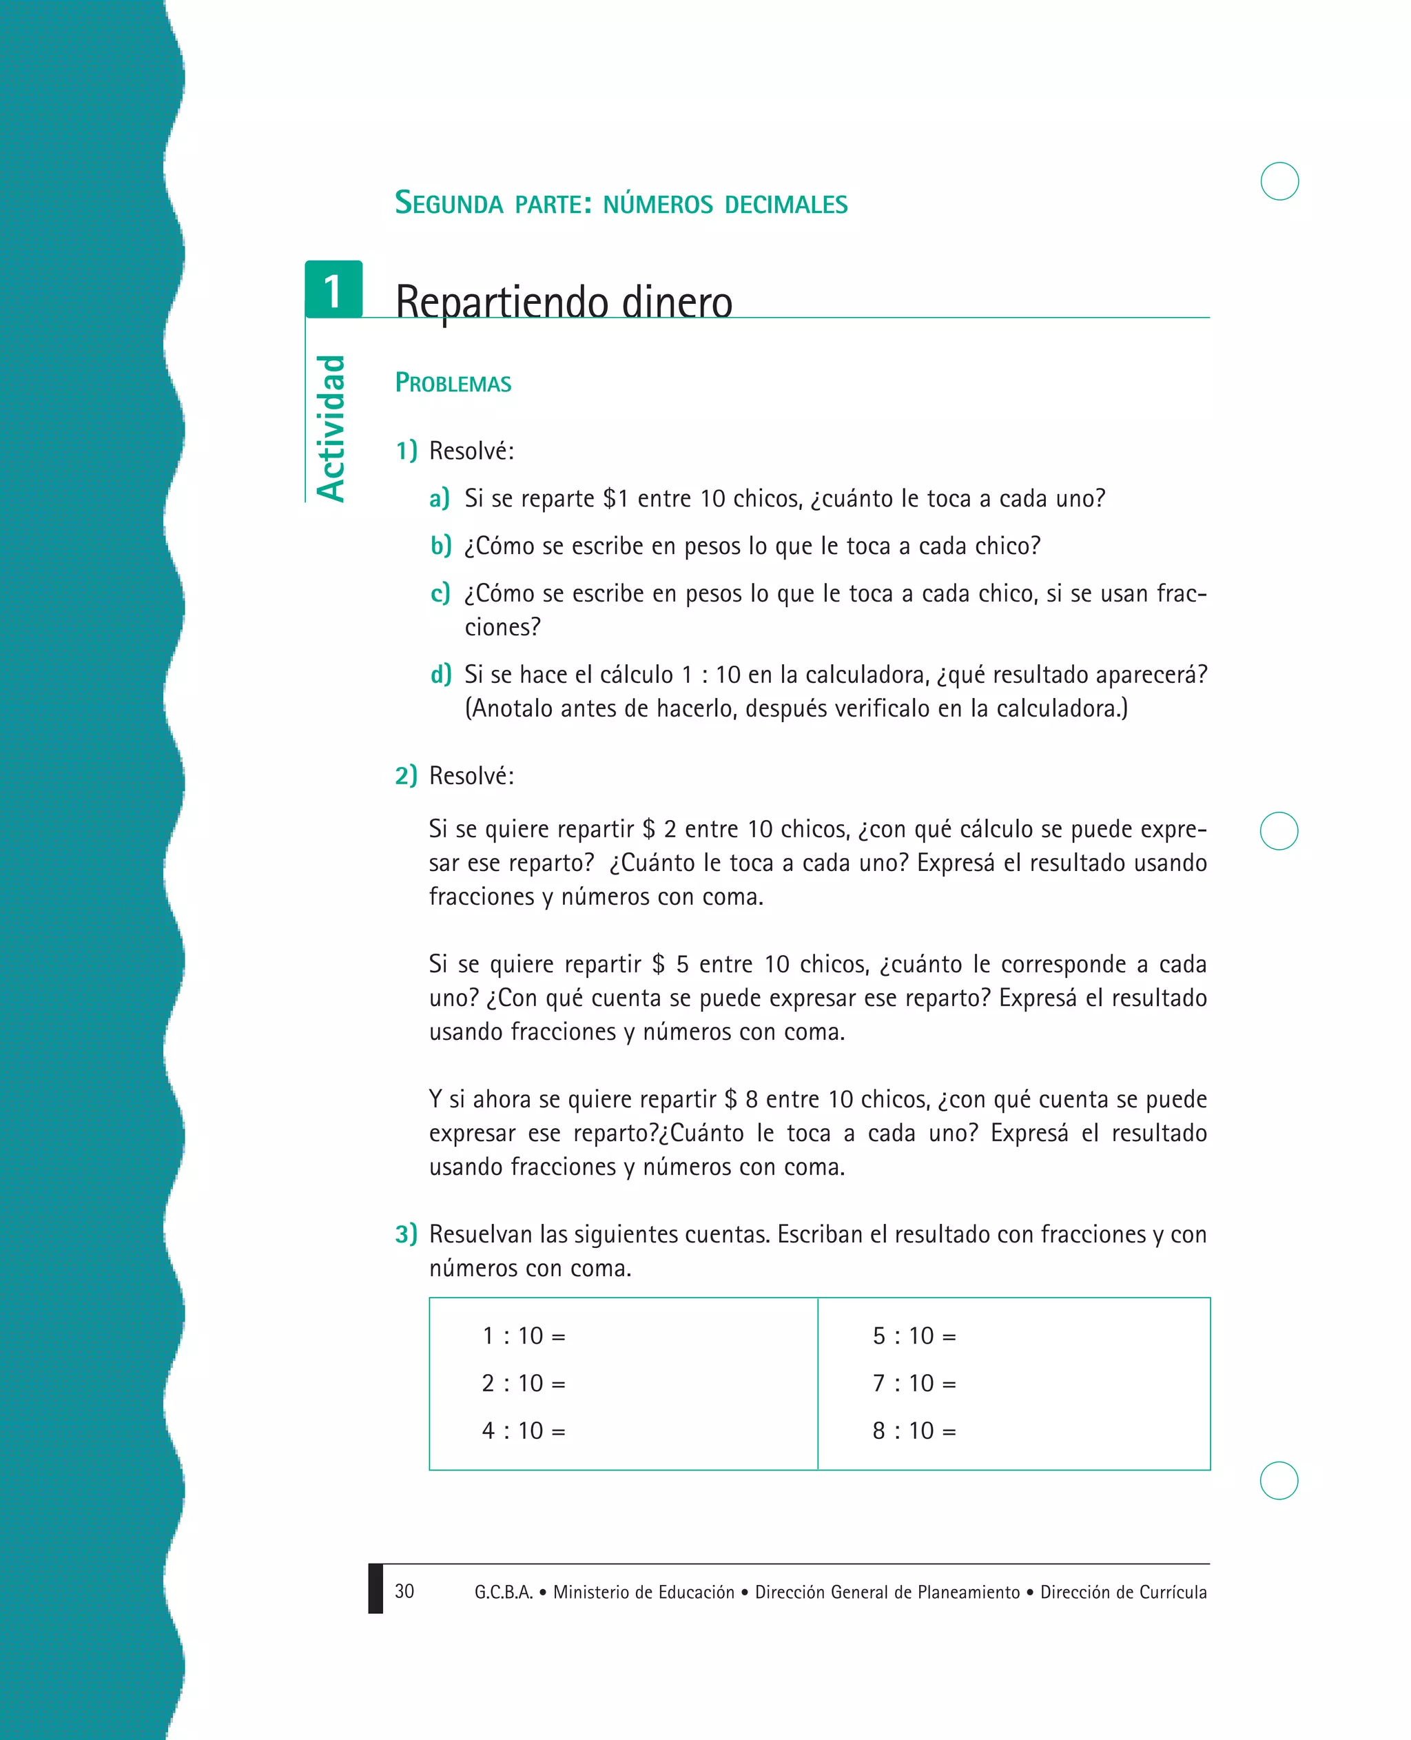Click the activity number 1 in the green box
[333, 291]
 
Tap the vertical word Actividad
[331, 429]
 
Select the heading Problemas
[453, 383]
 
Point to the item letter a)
[439, 498]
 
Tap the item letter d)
[440, 674]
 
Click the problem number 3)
[406, 1234]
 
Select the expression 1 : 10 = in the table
[524, 1336]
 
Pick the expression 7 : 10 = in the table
[914, 1383]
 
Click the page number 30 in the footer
[404, 1591]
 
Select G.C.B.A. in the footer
[503, 1592]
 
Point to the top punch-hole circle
[1279, 181]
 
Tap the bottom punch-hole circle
[1279, 1481]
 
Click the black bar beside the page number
[375, 1588]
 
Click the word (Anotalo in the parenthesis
[507, 709]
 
